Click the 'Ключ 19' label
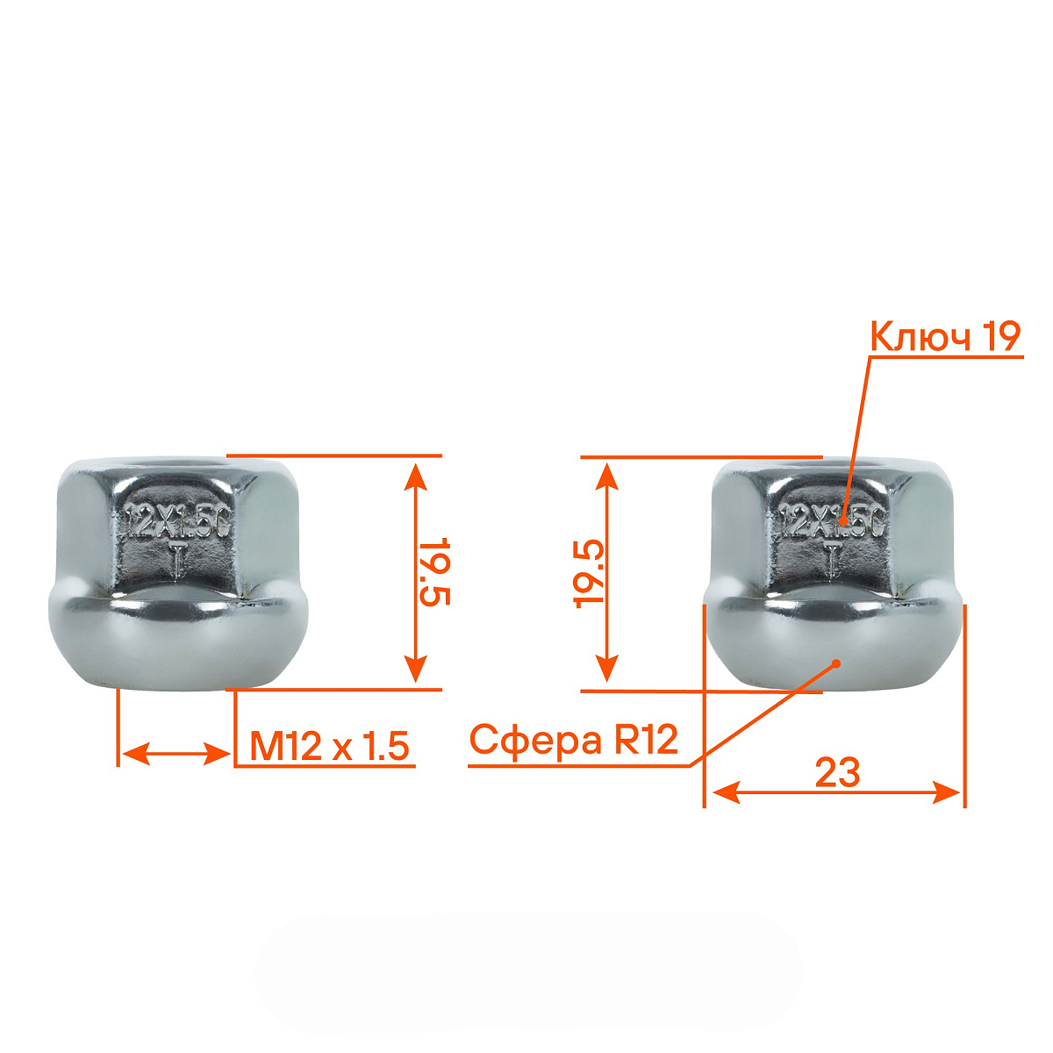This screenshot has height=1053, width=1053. (945, 336)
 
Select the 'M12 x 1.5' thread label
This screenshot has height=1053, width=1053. (330, 746)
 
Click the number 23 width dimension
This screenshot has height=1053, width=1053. (837, 773)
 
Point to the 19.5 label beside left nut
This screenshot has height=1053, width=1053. (433, 571)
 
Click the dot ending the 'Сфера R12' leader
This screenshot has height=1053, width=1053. (835, 663)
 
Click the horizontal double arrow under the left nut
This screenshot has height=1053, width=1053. (175, 753)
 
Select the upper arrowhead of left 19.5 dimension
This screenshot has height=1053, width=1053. (417, 474)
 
